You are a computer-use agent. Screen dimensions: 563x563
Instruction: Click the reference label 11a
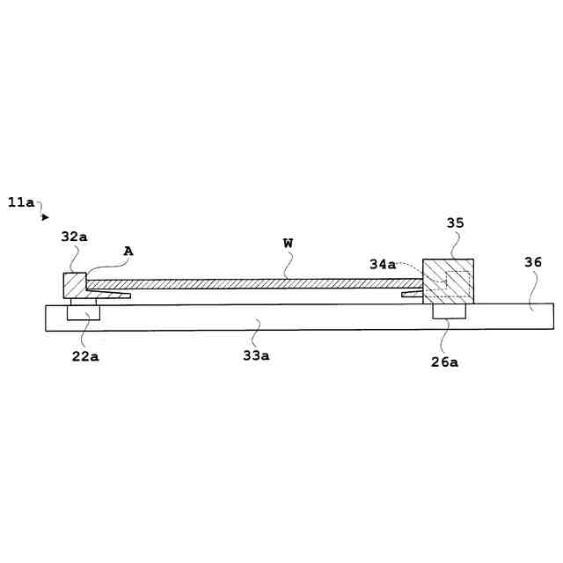21,202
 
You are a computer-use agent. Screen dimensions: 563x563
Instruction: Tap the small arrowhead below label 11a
46,217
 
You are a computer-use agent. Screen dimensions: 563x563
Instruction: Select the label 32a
74,237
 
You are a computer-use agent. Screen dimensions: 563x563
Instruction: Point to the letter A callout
128,252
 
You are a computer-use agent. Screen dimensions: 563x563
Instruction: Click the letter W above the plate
288,243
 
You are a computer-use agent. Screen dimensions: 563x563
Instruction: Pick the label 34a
383,264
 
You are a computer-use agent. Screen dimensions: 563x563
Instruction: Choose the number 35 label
455,223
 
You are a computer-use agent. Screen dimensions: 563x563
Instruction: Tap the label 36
533,262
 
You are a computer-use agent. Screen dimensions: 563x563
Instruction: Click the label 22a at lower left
84,355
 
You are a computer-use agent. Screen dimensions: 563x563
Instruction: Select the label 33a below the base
256,355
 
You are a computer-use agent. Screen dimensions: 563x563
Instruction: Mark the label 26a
445,361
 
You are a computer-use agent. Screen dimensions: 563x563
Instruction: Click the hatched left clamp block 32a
74,285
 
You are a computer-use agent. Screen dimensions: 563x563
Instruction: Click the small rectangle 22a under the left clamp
84,312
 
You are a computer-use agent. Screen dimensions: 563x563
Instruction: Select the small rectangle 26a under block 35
449,311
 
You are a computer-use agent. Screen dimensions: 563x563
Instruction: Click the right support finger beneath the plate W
412,294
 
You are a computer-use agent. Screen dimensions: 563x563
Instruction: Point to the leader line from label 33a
254,335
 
